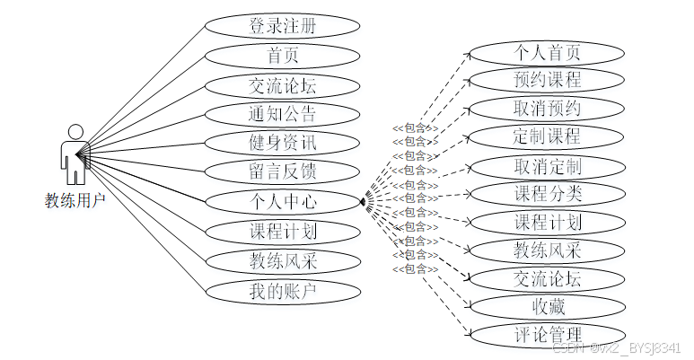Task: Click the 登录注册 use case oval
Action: (283, 26)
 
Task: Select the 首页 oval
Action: (283, 56)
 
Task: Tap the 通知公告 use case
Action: (283, 114)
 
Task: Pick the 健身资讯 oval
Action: (283, 143)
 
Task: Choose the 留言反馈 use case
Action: (283, 171)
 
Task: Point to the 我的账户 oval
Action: (283, 291)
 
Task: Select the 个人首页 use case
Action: (547, 51)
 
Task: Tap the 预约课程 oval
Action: (547, 80)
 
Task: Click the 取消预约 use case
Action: (547, 110)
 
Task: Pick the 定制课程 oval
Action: (547, 138)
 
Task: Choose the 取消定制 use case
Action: (547, 167)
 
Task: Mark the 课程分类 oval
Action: (547, 194)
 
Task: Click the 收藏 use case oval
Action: (547, 307)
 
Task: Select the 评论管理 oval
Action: (547, 336)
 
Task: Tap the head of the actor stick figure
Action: (75, 132)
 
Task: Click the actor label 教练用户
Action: (75, 200)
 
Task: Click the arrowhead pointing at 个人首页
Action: (467, 53)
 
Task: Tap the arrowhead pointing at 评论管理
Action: (467, 335)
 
